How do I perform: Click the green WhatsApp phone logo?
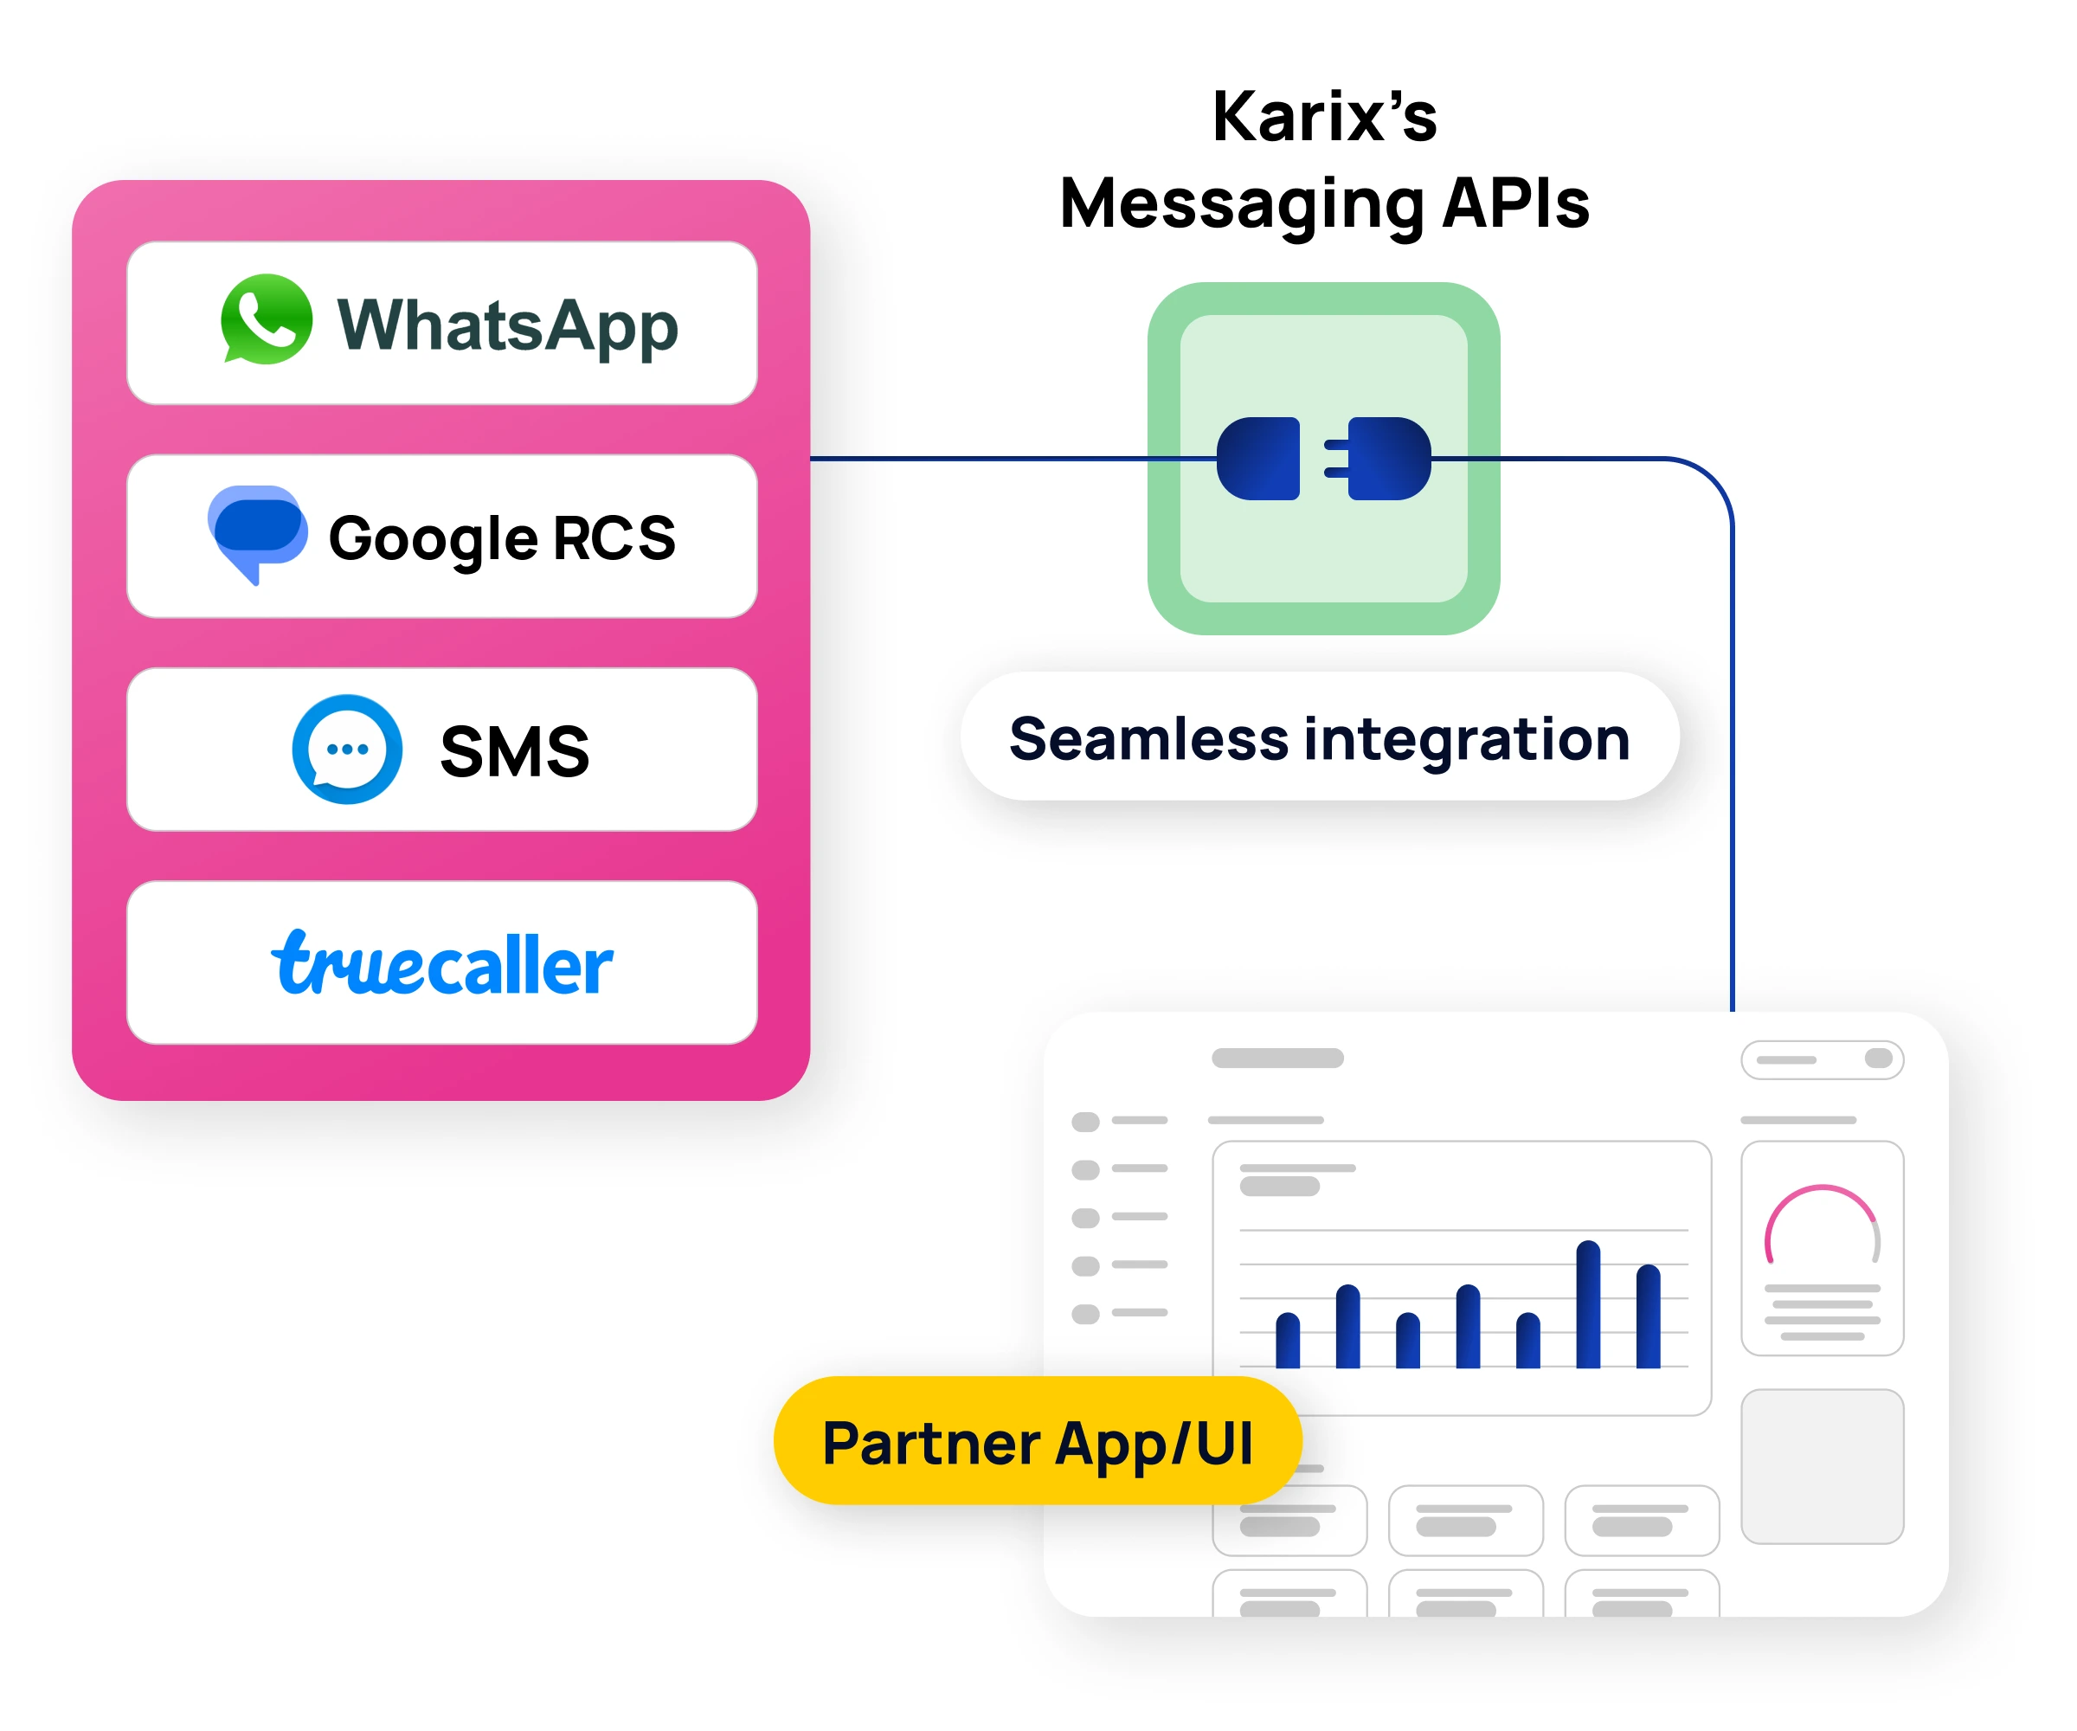tap(266, 319)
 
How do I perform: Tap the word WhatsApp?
tap(507, 325)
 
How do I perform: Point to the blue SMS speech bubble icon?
tap(347, 749)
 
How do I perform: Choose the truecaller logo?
tap(442, 963)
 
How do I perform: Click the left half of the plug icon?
tap(1258, 459)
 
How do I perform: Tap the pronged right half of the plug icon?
tap(1380, 459)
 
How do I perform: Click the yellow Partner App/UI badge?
tap(1038, 1441)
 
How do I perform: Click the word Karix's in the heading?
tap(1324, 117)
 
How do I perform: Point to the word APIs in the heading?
tap(1515, 203)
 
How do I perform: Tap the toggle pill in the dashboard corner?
tap(1822, 1059)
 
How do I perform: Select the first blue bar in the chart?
tap(1288, 1341)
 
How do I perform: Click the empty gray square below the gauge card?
tap(1822, 1466)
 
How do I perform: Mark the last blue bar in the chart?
tap(1648, 1316)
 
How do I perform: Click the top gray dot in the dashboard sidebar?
tap(1086, 1122)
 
